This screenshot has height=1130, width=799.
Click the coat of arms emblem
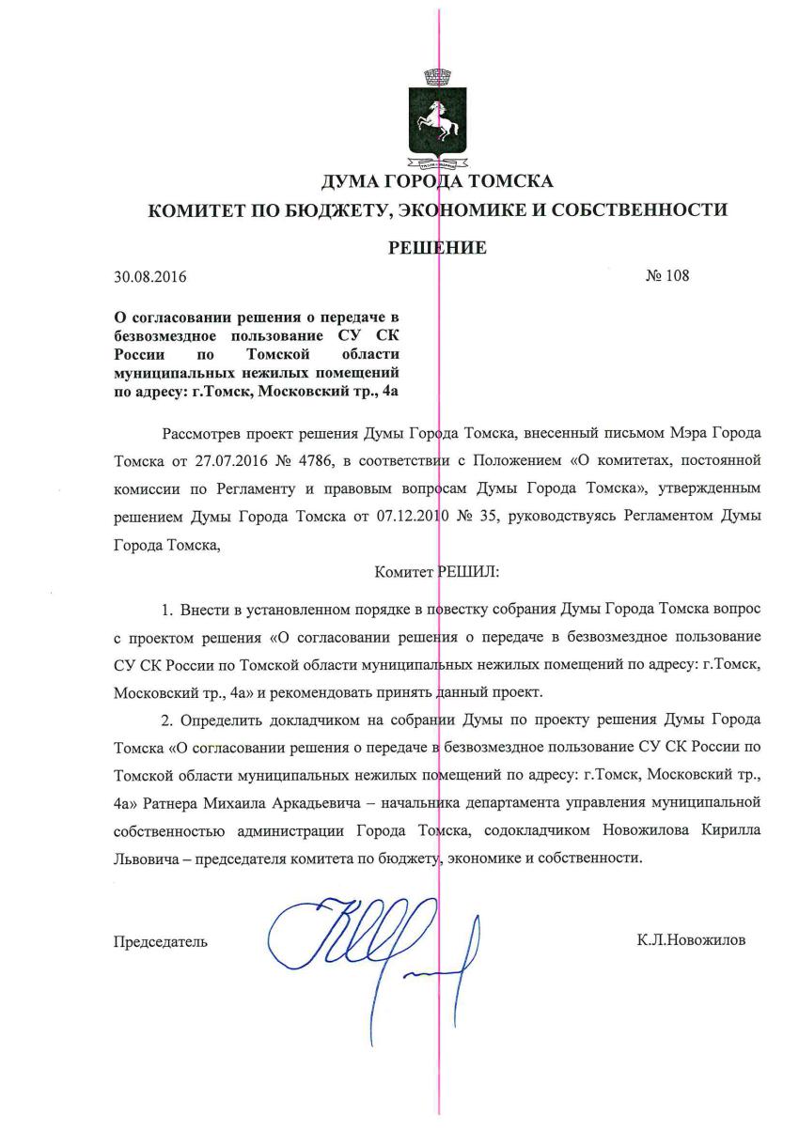click(x=437, y=118)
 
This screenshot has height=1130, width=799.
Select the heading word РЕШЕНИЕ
click(x=438, y=248)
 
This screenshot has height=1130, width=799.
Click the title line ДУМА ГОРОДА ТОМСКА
click(x=437, y=181)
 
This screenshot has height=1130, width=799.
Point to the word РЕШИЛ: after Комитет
click(x=475, y=569)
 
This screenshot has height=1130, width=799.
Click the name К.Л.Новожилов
click(x=691, y=940)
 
